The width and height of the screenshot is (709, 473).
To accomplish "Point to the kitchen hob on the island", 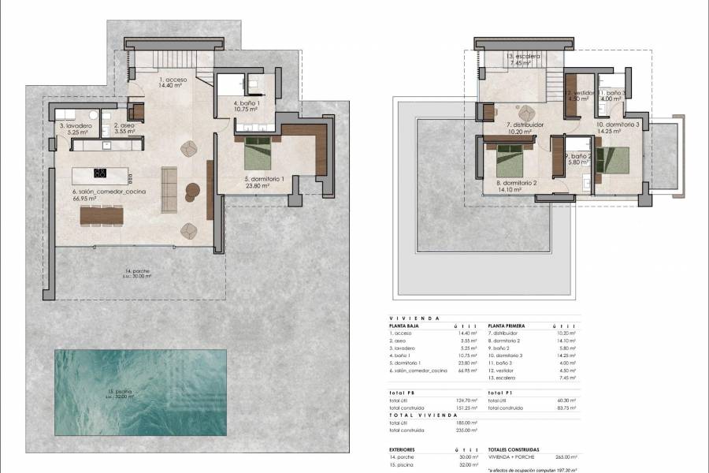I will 100,173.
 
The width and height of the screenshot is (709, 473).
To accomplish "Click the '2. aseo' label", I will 124,126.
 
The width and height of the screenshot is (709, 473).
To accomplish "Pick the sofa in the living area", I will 169,189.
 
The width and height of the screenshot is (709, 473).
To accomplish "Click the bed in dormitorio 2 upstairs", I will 511,159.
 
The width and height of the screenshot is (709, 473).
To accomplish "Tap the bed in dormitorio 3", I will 614,160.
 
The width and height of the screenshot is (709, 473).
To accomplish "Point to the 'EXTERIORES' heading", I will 406,449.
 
